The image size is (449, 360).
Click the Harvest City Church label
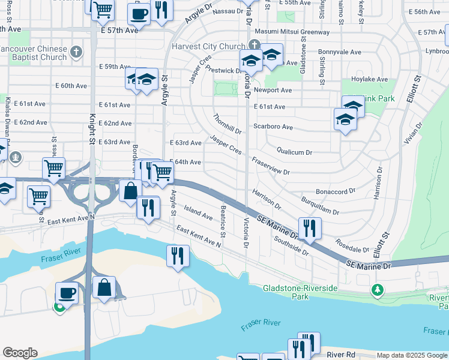pos(208,46)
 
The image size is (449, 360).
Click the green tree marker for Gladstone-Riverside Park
pos(377,290)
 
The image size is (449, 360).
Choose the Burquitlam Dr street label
pos(320,205)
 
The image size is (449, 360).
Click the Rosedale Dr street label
pos(352,246)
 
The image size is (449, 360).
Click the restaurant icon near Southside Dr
pos(309,227)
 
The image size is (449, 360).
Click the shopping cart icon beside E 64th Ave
pos(161,172)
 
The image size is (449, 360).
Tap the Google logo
pos(20,353)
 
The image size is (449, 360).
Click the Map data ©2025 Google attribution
pos(412,355)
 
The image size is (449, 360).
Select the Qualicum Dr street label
pos(294,152)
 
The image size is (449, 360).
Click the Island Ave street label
pos(198,212)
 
